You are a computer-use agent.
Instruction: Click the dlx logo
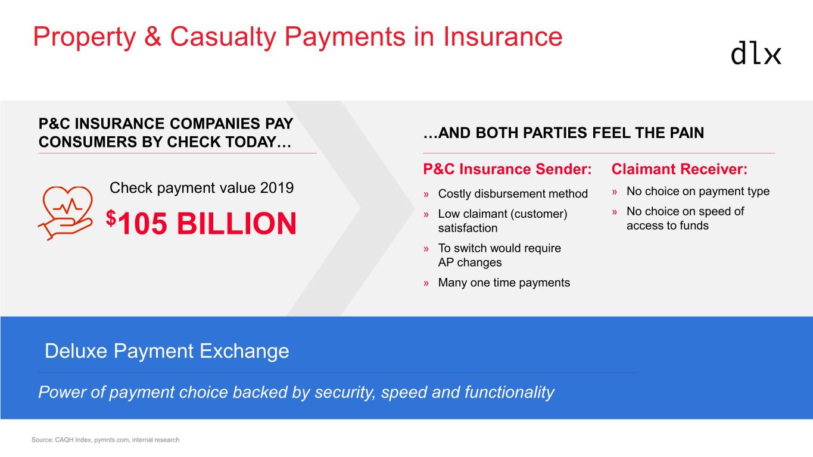[756, 53]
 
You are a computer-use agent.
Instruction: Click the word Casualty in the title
[223, 37]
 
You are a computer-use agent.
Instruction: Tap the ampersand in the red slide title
[153, 36]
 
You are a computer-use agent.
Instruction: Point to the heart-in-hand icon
[66, 213]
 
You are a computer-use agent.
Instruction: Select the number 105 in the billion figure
[143, 223]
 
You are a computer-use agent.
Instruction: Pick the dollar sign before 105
[111, 218]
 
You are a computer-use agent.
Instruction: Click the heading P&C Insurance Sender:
[507, 169]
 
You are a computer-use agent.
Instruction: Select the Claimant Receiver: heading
[680, 169]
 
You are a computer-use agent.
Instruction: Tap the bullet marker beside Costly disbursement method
[426, 195]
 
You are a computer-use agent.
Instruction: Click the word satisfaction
[468, 228]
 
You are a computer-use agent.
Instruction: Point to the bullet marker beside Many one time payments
[426, 283]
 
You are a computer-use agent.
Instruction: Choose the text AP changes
[470, 262]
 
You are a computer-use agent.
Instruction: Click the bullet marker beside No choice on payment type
[615, 192]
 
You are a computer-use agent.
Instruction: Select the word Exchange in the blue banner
[244, 351]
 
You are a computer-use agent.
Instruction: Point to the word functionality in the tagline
[509, 393]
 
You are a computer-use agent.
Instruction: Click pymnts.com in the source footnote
[111, 440]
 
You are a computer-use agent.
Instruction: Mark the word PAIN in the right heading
[687, 133]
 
